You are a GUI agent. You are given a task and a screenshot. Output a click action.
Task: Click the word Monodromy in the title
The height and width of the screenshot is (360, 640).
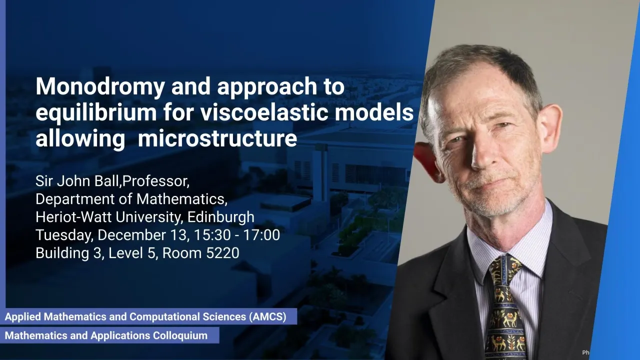(x=100, y=87)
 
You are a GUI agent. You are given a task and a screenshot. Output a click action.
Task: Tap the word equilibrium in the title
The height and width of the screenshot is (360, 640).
(x=96, y=113)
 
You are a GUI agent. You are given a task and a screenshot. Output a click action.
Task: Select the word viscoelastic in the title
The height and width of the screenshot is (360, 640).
(x=263, y=112)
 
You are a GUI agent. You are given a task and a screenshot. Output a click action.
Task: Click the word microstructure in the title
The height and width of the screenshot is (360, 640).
(x=217, y=139)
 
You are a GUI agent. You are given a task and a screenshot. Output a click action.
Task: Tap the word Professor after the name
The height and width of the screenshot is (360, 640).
(x=155, y=181)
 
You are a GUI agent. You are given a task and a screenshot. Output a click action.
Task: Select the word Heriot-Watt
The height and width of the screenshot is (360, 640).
(x=73, y=217)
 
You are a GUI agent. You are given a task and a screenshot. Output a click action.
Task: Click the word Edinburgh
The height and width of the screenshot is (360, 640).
(x=221, y=217)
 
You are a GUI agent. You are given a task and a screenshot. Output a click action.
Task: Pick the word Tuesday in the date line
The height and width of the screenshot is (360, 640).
(x=64, y=235)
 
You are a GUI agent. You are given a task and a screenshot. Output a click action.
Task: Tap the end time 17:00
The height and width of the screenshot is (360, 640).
(x=261, y=235)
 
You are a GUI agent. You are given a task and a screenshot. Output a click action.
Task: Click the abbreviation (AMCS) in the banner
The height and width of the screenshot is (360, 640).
(x=267, y=316)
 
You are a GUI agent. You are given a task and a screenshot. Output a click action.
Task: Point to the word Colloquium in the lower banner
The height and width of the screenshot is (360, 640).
(x=180, y=335)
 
